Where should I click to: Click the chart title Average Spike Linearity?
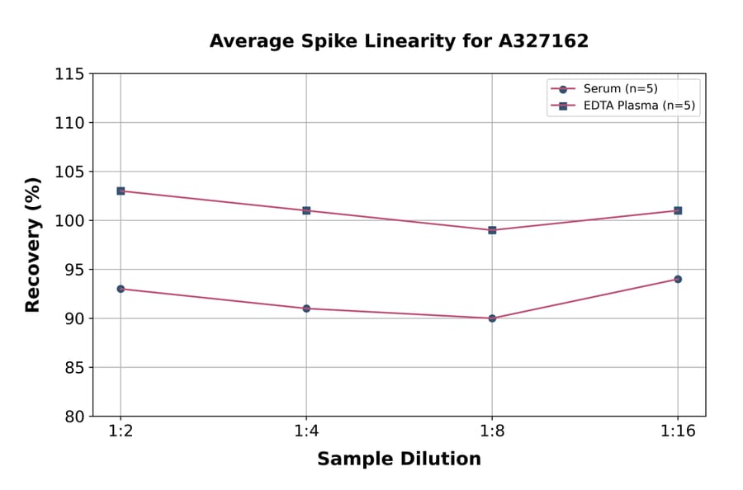pos(399,41)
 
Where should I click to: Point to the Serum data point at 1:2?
pos(121,289)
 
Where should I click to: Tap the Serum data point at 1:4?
pos(306,309)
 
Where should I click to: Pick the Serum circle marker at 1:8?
pos(492,318)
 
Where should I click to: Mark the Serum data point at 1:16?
pos(678,279)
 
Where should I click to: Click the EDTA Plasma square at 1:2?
pos(121,191)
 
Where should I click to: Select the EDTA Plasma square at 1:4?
pos(306,210)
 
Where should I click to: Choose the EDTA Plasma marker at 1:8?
pos(492,230)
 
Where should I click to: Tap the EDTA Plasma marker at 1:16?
pos(678,210)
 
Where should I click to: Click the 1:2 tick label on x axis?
pos(121,432)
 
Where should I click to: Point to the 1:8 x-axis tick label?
pos(492,432)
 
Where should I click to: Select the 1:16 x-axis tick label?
pos(678,432)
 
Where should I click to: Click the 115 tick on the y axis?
pos(69,74)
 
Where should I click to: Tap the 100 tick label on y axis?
pos(69,221)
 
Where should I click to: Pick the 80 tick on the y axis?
pos(74,417)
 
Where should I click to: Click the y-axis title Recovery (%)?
pos(33,245)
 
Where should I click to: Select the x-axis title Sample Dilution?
pos(399,459)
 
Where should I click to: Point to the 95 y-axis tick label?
pos(74,270)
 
